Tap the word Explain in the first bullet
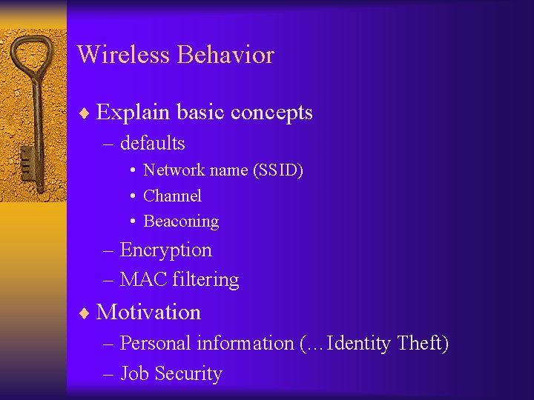(125, 113)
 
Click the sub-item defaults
(152, 142)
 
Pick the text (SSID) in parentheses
(278, 170)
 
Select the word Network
(174, 170)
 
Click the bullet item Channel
(172, 196)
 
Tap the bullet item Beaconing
(181, 221)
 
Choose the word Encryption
(165, 250)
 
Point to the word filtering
(205, 280)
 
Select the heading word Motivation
(148, 312)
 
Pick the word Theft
(423, 343)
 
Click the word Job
(133, 374)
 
